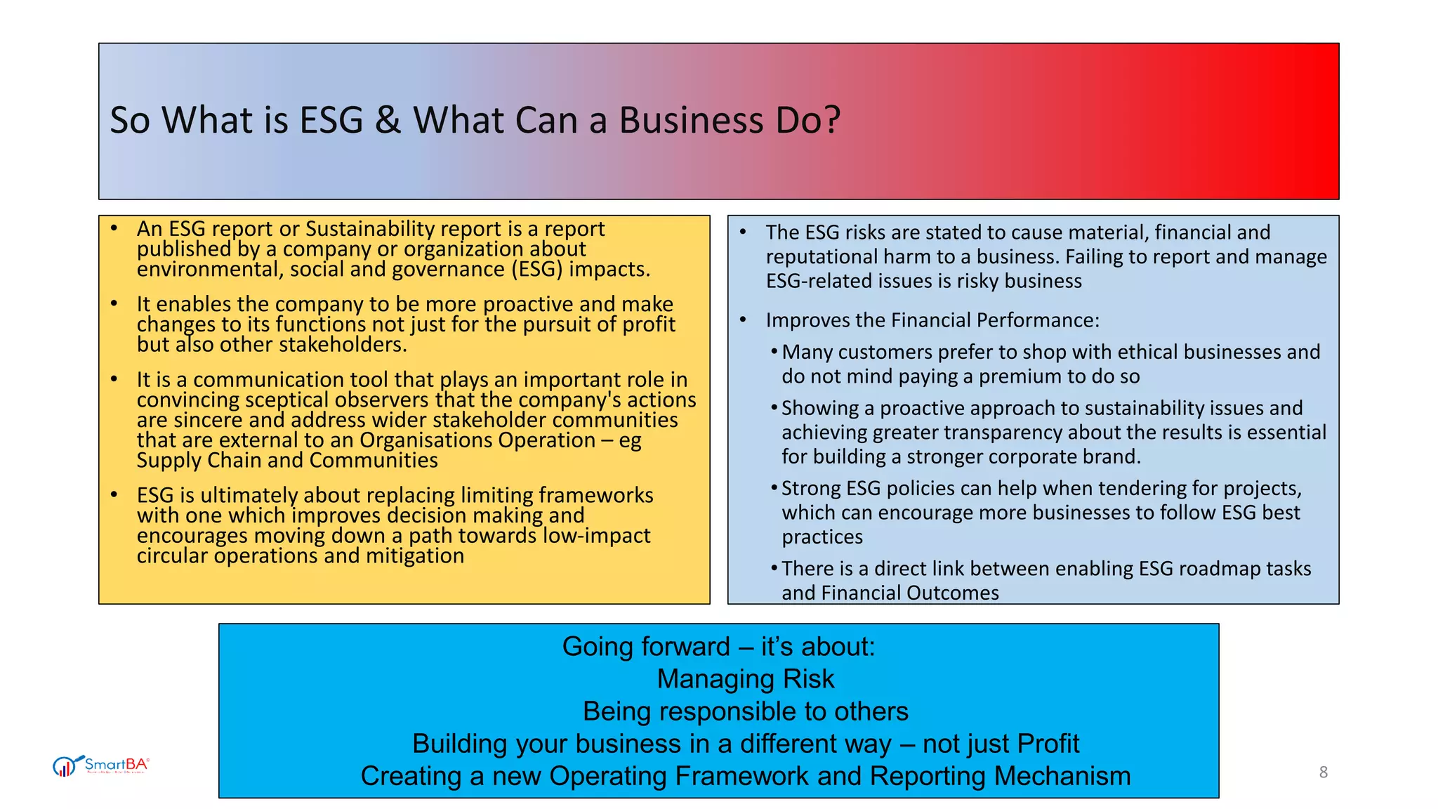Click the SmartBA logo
pos(101,765)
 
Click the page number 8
pos(1323,772)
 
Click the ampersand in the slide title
pos(388,120)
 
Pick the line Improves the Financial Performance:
pos(932,320)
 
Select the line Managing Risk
pos(746,679)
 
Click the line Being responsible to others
pos(746,711)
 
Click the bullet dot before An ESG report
pos(114,229)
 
